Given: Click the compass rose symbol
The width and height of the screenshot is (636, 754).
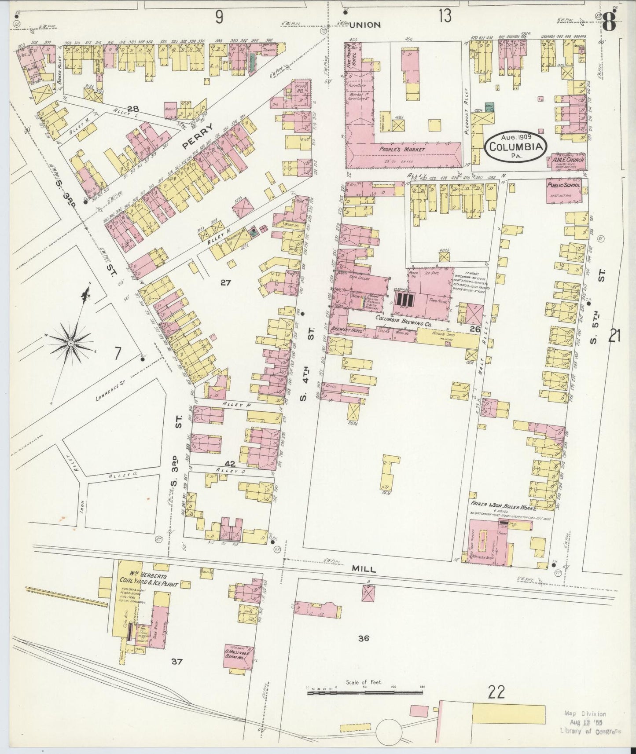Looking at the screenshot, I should pyautogui.click(x=70, y=342).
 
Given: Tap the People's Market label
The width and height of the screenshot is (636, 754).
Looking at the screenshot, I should pyautogui.click(x=403, y=150).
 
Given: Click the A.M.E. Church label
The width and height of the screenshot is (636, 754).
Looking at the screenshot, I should pyautogui.click(x=569, y=160).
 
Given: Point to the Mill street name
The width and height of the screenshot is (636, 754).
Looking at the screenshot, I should pyautogui.click(x=364, y=569).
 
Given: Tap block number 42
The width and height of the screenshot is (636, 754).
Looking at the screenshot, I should pyautogui.click(x=230, y=464).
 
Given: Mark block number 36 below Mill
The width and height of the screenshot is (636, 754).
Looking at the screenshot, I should pyautogui.click(x=363, y=638).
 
